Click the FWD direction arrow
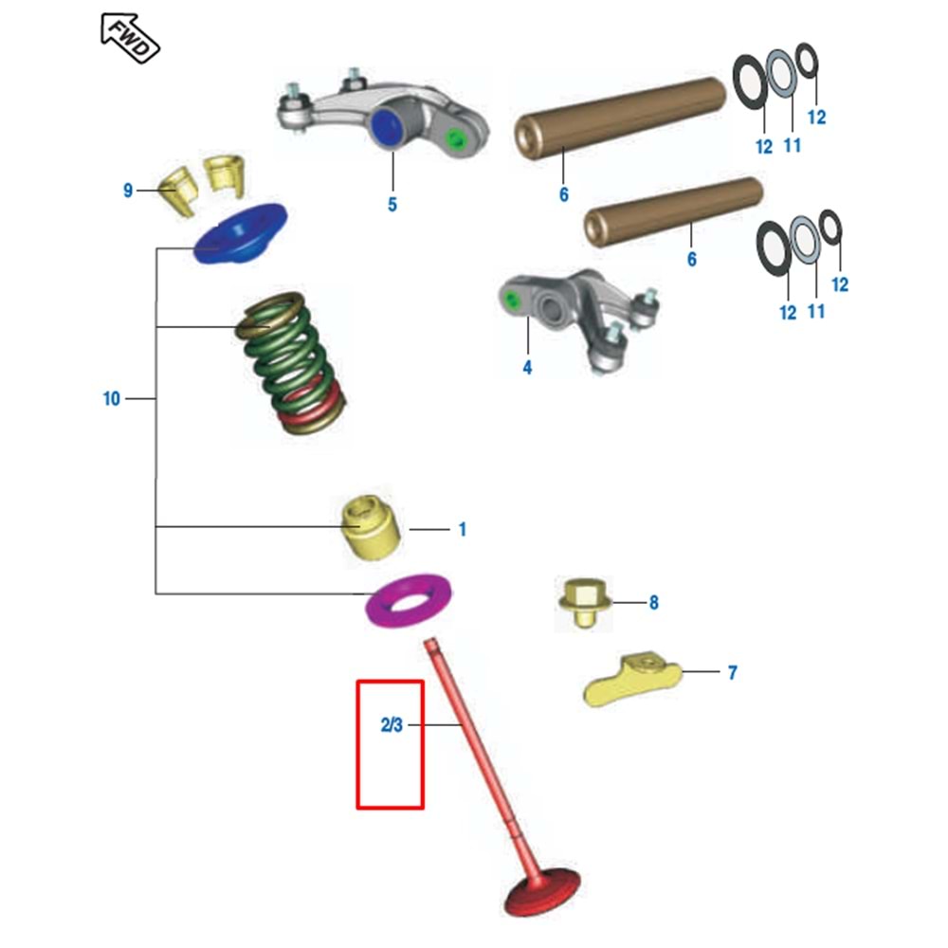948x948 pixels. pos(129,37)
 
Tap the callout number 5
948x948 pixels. pos(392,204)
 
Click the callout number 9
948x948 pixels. pos(128,191)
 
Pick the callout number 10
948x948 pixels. pos(112,399)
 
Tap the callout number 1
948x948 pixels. pos(463,529)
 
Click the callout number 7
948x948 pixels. pos(732,673)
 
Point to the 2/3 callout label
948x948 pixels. pos(392,726)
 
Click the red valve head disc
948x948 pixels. pos(544,892)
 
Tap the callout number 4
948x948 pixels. pos(527,366)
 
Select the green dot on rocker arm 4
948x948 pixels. pos(514,302)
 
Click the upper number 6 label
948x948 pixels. pos(564,194)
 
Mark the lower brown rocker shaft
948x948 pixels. pos(672,213)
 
